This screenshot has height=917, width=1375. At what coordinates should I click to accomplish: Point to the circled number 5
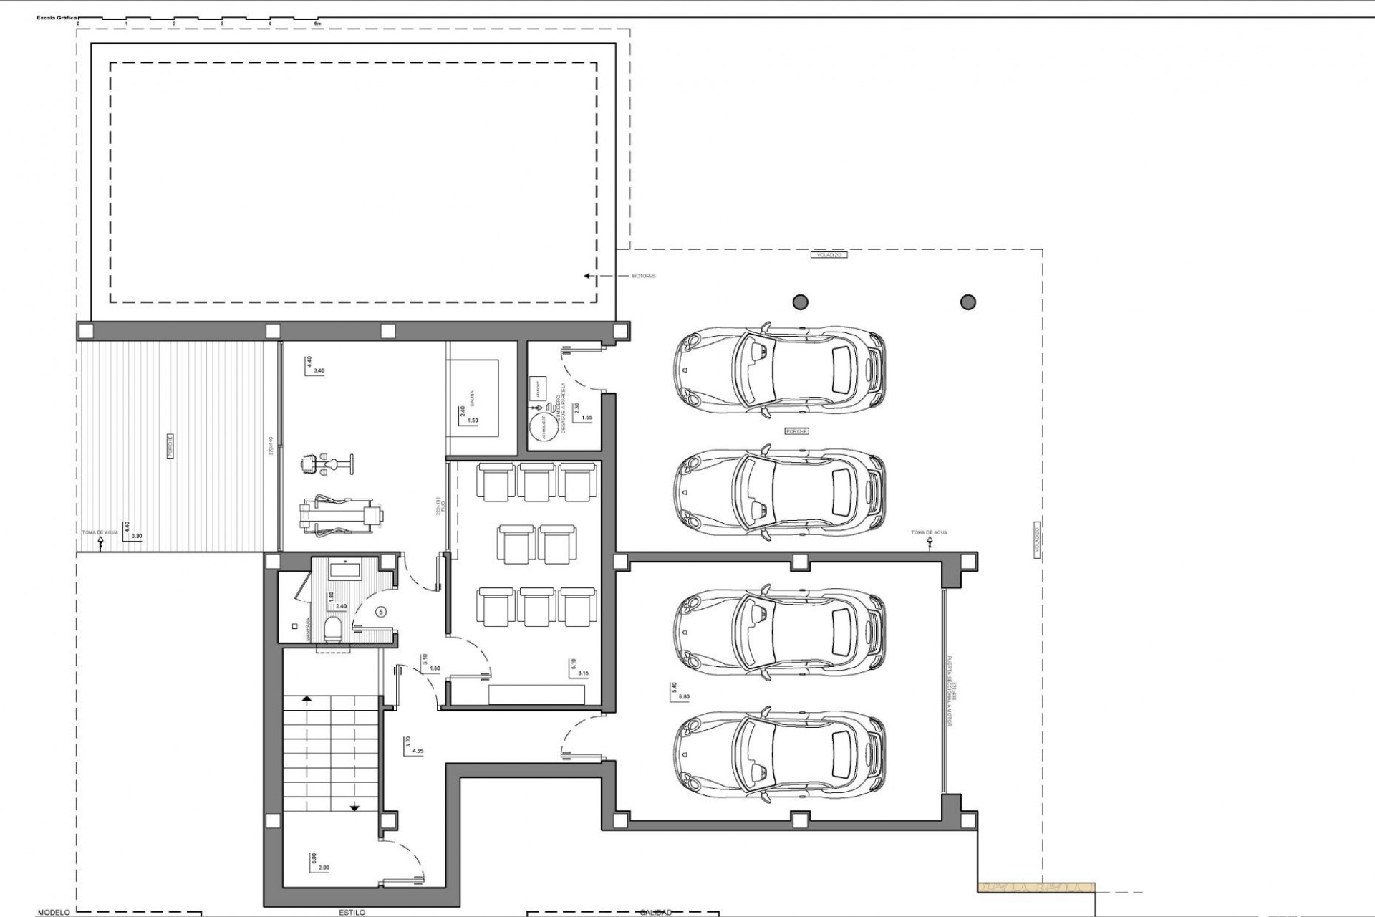381,612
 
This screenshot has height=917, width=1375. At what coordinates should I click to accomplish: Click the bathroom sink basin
347,571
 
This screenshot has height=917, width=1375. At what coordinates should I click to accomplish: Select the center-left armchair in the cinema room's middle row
516,544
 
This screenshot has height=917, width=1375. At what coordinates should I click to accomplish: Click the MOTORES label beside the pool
643,276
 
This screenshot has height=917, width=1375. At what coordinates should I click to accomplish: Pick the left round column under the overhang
801,302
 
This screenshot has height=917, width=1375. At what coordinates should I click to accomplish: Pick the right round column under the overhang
968,302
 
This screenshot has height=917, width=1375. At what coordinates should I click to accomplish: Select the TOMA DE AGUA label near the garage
929,533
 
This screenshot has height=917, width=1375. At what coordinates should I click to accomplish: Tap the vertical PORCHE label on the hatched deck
170,446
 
